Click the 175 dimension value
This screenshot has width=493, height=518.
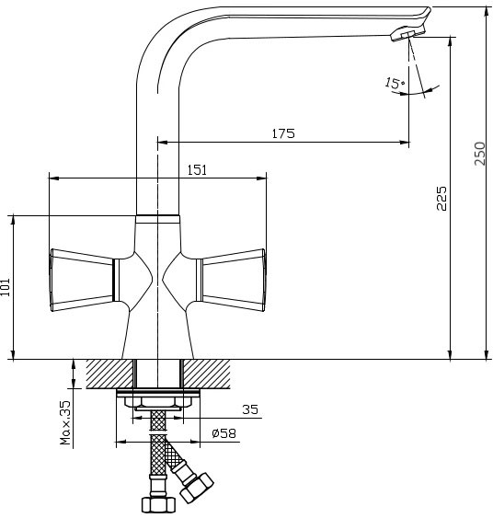coord(283,133)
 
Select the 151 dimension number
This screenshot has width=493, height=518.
coord(197,170)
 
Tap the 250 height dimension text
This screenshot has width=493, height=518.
coord(480,154)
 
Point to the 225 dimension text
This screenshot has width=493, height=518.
coord(441,198)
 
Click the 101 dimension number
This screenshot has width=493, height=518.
coord(6,287)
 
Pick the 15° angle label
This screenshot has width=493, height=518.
coord(395,83)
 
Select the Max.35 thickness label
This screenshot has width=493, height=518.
coord(65,422)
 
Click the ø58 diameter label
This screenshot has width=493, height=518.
coord(224,433)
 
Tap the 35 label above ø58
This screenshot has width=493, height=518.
coord(250,409)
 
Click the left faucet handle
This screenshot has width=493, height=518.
coord(82,280)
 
